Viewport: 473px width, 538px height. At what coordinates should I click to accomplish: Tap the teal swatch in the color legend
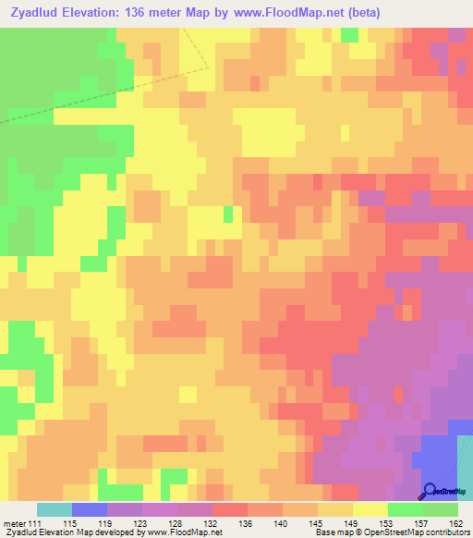(x=55, y=509)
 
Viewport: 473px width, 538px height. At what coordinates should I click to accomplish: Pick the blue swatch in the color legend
(x=90, y=509)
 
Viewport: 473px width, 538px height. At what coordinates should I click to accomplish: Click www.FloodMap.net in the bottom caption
(x=185, y=533)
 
